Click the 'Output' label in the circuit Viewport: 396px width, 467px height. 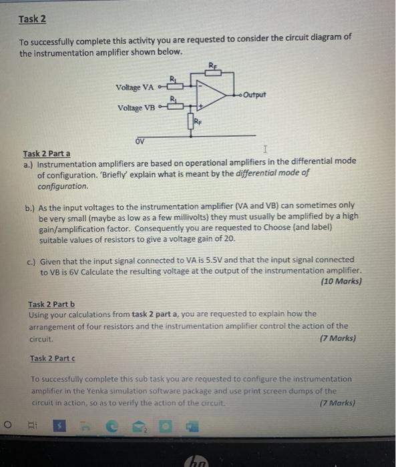254,94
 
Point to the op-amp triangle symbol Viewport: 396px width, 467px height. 214,94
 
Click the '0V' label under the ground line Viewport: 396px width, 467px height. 139,140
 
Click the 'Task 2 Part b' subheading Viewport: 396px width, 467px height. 55,304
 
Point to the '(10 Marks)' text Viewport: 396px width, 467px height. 341,282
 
